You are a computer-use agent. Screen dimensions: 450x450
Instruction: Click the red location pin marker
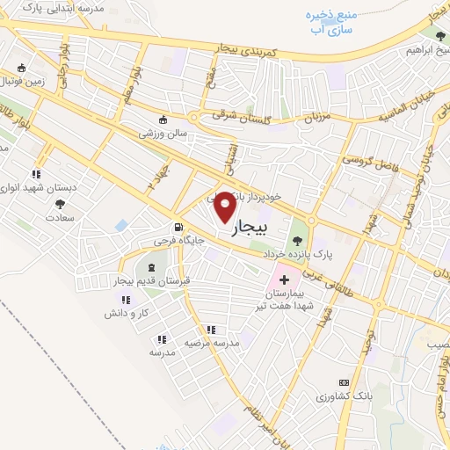(225, 206)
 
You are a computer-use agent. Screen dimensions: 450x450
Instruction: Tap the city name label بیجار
(247, 230)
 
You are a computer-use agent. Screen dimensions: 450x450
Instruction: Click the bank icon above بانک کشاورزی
(344, 383)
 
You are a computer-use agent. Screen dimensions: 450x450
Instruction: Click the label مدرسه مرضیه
(207, 343)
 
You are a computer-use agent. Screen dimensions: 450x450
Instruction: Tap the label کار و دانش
(123, 313)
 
